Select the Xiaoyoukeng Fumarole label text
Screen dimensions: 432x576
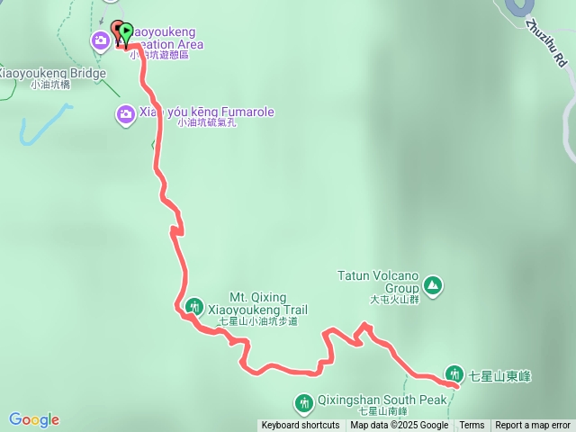(x=206, y=113)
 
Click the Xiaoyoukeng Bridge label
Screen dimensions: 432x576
(x=53, y=73)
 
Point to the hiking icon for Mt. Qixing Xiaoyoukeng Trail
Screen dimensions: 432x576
(x=193, y=307)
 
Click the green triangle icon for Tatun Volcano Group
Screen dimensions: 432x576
(x=433, y=286)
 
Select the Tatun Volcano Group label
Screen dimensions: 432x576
(x=379, y=282)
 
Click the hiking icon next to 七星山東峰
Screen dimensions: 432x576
(x=454, y=374)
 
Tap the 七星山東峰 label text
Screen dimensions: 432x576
(x=499, y=375)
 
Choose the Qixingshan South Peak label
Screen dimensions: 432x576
(x=382, y=400)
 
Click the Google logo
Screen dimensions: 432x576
(x=34, y=419)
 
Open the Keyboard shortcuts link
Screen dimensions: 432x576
(x=301, y=426)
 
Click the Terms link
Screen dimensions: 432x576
(x=472, y=426)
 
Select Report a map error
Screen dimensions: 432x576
(x=533, y=426)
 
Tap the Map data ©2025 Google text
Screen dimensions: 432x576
(x=399, y=426)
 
